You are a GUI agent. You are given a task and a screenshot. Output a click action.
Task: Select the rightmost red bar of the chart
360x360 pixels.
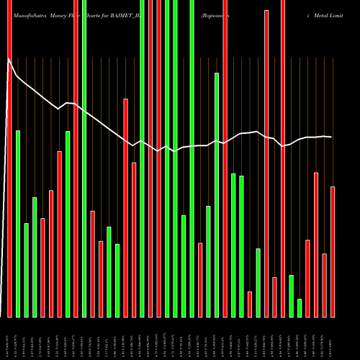[333, 251]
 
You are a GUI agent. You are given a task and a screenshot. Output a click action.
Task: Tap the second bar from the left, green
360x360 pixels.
[18, 223]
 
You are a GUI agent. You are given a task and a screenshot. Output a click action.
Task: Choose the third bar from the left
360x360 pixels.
[26, 270]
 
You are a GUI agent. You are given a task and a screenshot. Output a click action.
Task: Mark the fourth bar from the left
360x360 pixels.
[35, 257]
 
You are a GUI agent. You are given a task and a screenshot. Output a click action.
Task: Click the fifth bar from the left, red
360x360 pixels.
[42, 267]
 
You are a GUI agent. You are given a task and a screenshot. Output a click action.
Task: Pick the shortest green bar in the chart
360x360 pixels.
[300, 307]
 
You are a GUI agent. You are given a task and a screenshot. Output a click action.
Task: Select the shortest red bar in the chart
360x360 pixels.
[250, 304]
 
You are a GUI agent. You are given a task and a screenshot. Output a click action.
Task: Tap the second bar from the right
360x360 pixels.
[324, 285]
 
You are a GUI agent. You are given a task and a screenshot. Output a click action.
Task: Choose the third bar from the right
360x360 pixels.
[316, 245]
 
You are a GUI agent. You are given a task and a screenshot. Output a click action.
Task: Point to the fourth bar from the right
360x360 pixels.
[307, 278]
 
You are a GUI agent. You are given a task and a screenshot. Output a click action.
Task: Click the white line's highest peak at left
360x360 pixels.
[9, 62]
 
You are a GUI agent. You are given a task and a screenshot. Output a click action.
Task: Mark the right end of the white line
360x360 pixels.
[332, 137]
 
